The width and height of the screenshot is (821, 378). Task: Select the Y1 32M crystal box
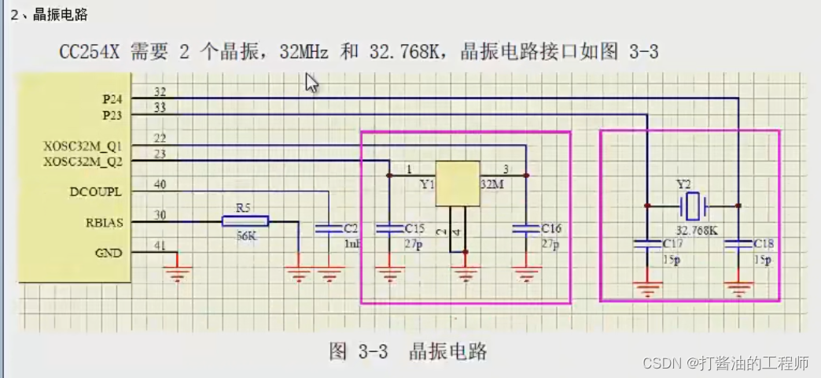(458, 183)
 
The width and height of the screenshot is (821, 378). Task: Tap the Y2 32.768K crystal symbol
(692, 206)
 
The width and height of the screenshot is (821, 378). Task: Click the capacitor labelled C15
(388, 229)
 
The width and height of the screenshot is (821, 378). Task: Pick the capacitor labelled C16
(525, 229)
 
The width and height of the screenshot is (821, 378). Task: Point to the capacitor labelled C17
(646, 245)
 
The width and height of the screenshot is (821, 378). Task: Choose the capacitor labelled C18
(738, 245)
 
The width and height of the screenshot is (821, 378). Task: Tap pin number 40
(160, 185)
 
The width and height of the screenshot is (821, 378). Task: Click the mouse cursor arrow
(311, 83)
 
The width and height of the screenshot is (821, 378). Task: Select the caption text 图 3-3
(359, 352)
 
